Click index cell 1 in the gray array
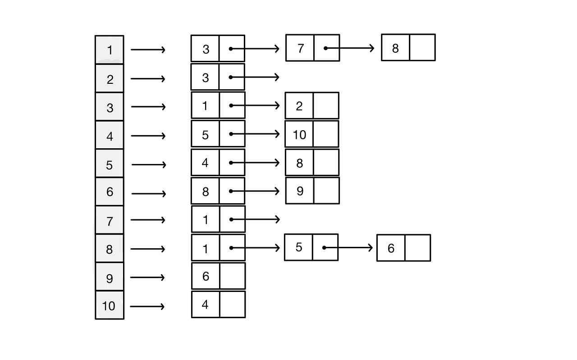pos(110,50)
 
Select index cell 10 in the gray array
pos(109,305)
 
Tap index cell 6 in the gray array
pos(110,191)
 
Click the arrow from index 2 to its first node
pos(148,79)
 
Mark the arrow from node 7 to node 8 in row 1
pos(350,48)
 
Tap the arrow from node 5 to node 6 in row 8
pos(348,247)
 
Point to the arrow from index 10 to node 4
pos(147,307)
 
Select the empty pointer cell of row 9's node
pos(232,276)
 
